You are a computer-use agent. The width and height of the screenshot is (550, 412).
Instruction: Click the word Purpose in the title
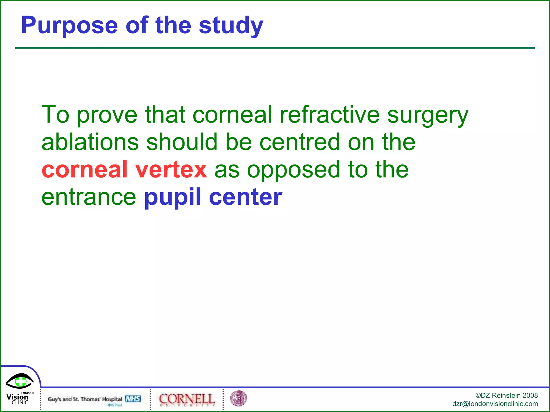tap(69, 25)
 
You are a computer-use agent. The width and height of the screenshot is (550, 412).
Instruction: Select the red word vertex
tap(171, 170)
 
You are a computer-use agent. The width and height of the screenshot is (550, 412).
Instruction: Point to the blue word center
tap(245, 197)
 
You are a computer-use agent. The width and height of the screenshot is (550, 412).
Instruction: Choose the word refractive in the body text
tap(330, 115)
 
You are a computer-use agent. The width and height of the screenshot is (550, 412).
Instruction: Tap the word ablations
tap(90, 142)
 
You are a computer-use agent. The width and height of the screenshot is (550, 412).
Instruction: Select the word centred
tap(300, 142)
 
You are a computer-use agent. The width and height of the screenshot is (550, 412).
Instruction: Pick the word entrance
tap(89, 197)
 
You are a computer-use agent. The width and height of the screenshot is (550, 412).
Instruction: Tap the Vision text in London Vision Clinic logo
tap(17, 397)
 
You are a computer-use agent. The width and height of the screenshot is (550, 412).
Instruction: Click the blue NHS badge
tap(133, 399)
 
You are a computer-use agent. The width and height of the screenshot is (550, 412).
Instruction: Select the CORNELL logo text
tap(187, 399)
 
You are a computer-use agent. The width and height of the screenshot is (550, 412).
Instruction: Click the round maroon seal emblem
tap(238, 398)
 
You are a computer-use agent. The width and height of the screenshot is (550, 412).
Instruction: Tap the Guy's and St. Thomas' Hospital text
tap(85, 399)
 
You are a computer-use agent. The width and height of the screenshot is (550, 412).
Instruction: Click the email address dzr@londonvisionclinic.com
tap(495, 404)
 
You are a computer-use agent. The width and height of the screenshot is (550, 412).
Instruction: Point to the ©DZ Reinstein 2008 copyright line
tap(506, 395)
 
